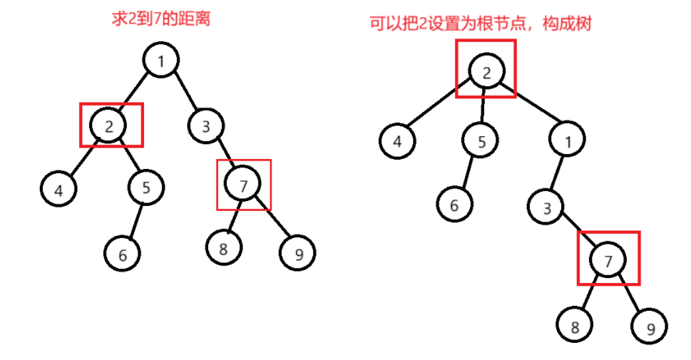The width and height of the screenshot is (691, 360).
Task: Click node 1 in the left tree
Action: click(x=161, y=61)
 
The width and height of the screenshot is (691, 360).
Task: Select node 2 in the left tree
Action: click(x=108, y=126)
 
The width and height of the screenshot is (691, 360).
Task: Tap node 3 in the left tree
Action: click(x=206, y=127)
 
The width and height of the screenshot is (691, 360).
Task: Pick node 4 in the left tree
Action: click(x=58, y=190)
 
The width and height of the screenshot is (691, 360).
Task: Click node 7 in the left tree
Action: click(x=243, y=185)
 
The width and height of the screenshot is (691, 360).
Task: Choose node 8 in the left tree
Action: click(x=223, y=247)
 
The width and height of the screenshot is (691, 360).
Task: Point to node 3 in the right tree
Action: click(x=546, y=208)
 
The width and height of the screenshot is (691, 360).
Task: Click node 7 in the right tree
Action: click(x=608, y=261)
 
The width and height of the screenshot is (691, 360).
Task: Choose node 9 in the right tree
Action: click(x=648, y=329)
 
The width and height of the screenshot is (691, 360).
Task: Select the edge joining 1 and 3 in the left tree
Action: click(x=184, y=93)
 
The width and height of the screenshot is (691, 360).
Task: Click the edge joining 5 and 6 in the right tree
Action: click(x=468, y=173)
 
